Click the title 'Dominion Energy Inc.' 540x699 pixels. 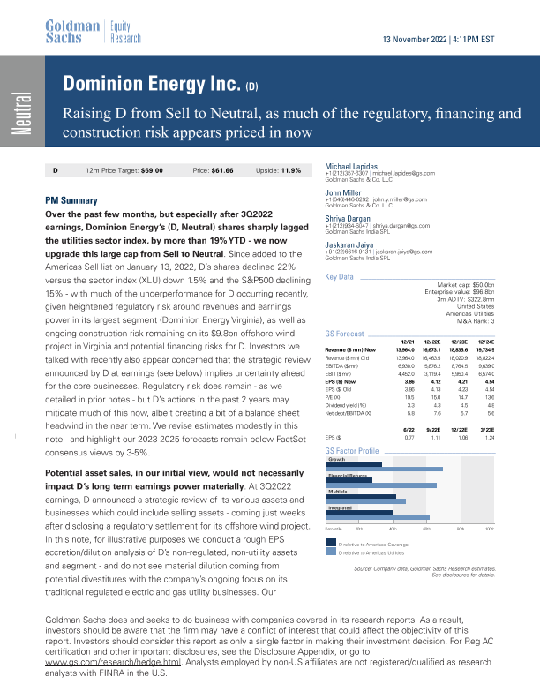(146, 85)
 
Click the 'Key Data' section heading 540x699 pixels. (341, 277)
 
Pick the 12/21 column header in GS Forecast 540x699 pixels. (409, 342)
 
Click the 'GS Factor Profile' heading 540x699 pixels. (353, 451)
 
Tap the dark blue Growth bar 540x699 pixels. (354, 463)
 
